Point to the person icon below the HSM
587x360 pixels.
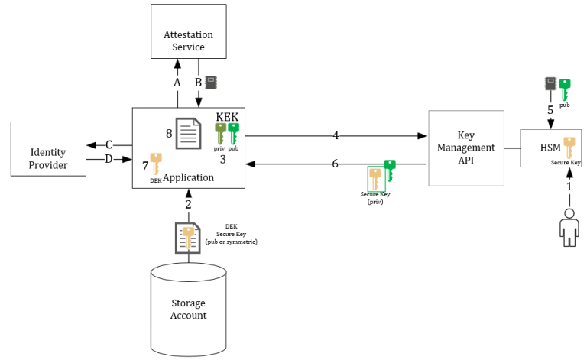tap(568, 227)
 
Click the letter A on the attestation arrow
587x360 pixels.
tap(177, 83)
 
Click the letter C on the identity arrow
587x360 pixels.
tap(109, 144)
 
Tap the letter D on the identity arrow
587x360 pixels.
tap(109, 159)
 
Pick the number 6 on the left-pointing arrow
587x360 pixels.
tap(335, 164)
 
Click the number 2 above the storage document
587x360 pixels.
tap(188, 204)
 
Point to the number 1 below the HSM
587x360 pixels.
tap(568, 186)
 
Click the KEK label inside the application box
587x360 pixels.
tap(227, 117)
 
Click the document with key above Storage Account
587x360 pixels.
tap(187, 238)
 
